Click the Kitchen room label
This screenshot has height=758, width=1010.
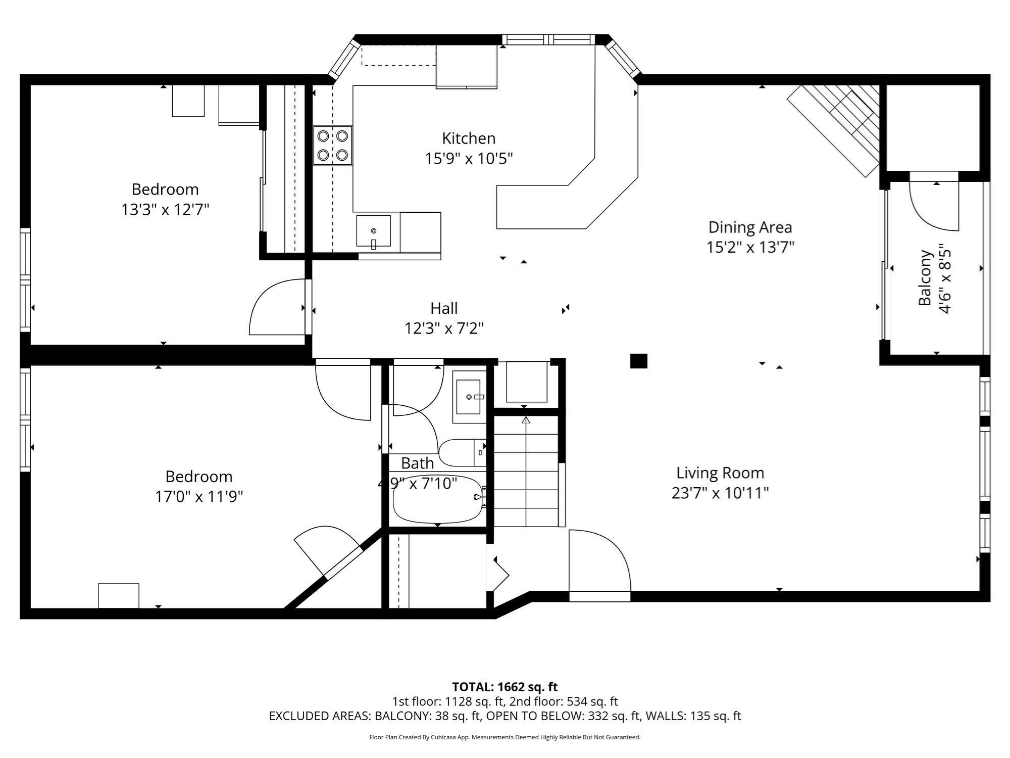468,138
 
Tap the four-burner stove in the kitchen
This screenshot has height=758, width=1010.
332,145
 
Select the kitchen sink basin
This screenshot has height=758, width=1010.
373,231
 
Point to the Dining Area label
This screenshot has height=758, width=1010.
750,227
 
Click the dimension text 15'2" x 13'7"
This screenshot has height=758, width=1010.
750,247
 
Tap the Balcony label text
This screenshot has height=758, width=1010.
924,277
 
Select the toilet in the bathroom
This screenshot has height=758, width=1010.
461,452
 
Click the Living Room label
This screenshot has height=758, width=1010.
720,472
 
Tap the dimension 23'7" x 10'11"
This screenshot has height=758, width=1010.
720,493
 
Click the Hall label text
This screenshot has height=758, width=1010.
444,308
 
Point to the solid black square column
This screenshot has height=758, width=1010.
638,361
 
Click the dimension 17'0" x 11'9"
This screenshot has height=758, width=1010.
198,497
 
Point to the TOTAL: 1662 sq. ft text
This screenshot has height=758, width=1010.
504,687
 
